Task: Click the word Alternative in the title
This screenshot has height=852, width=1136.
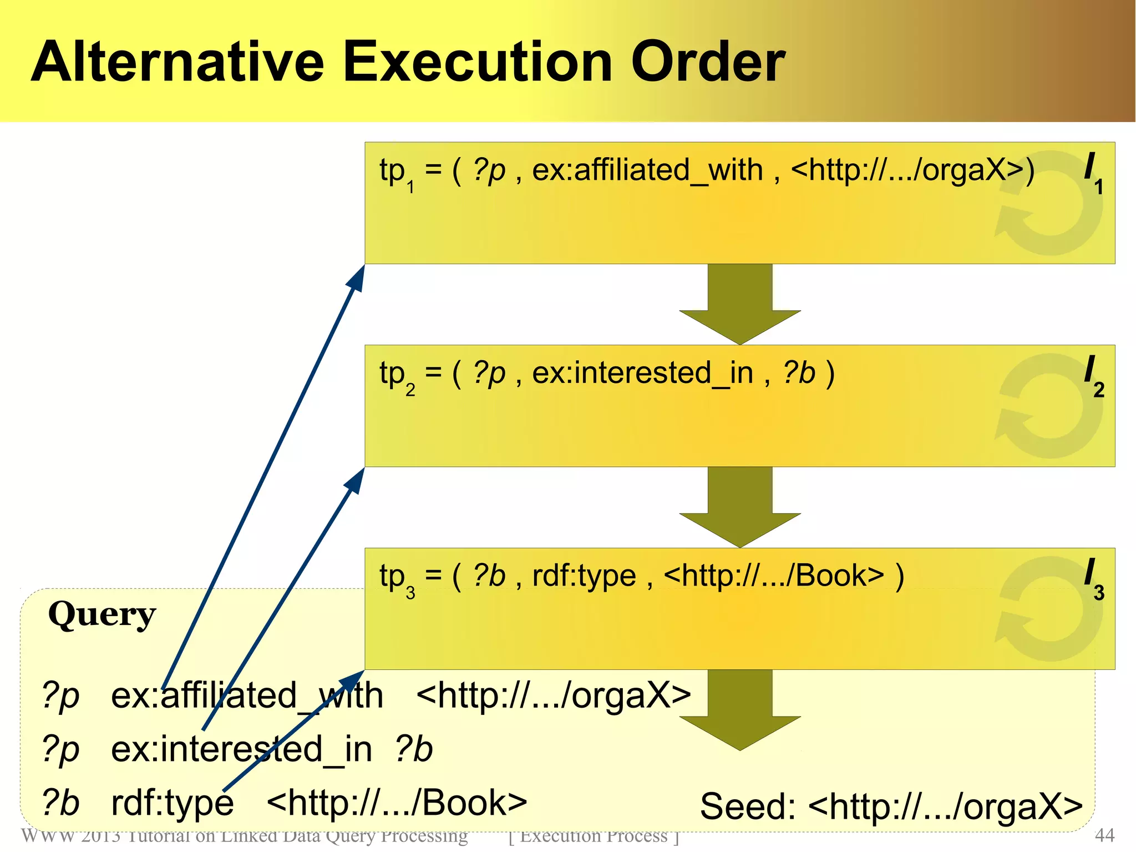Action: tap(177, 62)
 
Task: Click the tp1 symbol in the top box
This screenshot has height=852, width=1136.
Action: tap(395, 172)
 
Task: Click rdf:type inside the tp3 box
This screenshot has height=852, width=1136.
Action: tap(584, 576)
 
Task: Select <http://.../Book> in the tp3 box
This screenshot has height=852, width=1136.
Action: tap(773, 576)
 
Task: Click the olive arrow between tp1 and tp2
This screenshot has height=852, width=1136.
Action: tap(740, 305)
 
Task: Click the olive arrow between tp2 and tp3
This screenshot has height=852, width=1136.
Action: tap(740, 508)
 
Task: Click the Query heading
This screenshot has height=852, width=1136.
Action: tap(102, 615)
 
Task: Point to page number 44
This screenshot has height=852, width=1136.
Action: tap(1104, 835)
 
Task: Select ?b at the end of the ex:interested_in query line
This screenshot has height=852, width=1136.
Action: tap(413, 749)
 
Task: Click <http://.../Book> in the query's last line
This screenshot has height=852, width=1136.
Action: tap(396, 803)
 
